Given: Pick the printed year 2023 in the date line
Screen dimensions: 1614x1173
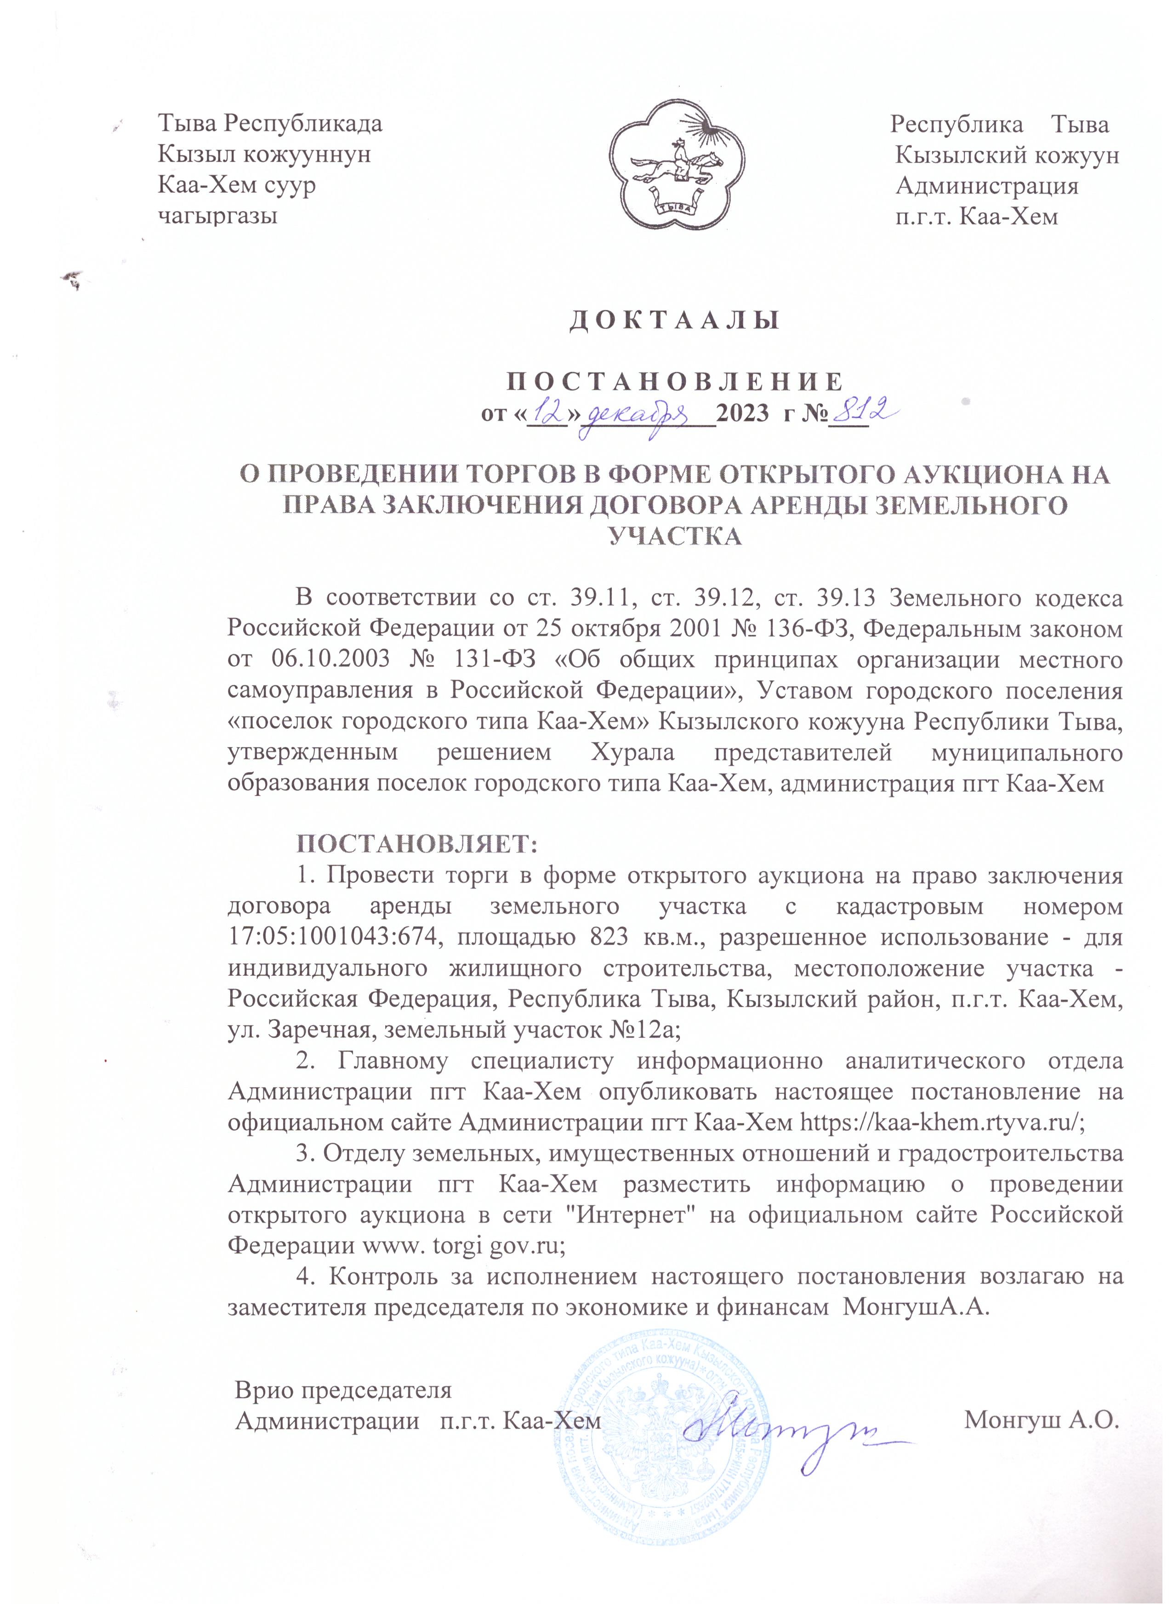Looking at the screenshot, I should (744, 414).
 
